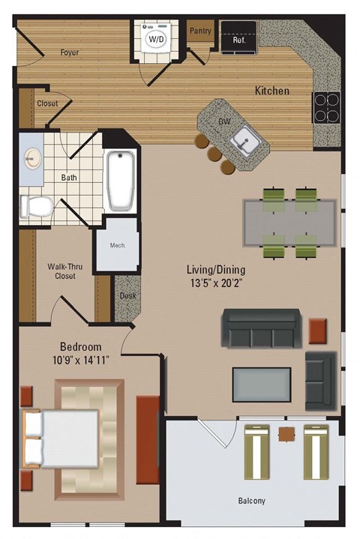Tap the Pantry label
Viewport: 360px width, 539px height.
coord(201,31)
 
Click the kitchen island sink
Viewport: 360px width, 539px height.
coord(244,139)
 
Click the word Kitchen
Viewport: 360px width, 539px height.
coord(271,91)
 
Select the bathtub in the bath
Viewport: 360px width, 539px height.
coord(120,181)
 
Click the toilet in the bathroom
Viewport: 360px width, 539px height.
coord(34,205)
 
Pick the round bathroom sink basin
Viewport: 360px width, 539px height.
coord(32,158)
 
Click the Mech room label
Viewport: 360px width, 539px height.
coord(117,245)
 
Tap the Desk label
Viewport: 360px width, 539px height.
coord(127,295)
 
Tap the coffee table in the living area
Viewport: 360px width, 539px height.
coord(261,385)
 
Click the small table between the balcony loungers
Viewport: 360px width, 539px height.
coord(286,433)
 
